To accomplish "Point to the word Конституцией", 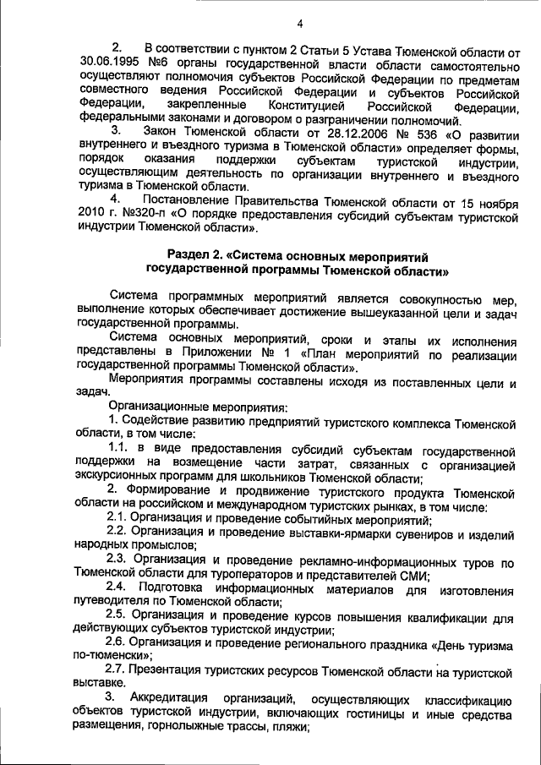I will pos(304,107).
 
